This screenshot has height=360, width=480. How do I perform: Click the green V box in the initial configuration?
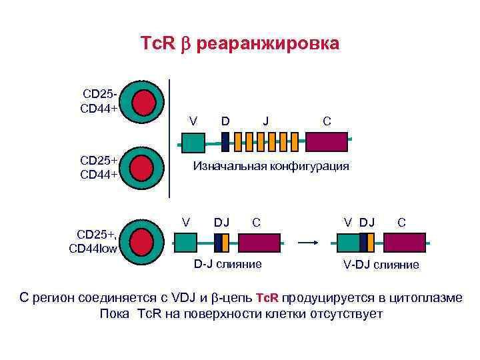[x=193, y=142]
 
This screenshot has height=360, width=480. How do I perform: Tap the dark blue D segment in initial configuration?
[x=225, y=142]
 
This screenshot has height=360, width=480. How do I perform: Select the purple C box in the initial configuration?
[x=327, y=142]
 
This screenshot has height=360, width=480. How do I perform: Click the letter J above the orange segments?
[x=266, y=121]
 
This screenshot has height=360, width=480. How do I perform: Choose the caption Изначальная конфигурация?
[x=271, y=167]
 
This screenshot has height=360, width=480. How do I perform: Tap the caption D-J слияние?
[x=228, y=264]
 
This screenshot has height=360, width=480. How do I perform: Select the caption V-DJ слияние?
[x=381, y=265]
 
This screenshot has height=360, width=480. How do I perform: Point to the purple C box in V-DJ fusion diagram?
[x=404, y=242]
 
